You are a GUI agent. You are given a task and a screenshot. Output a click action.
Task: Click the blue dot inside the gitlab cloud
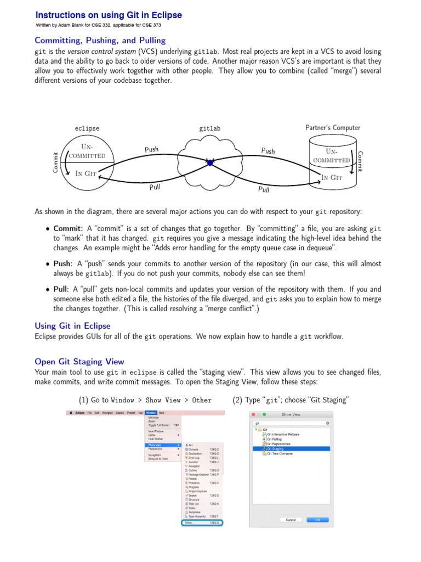pyautogui.click(x=210, y=162)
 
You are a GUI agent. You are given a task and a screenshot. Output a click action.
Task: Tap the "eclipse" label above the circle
pyautogui.click(x=87, y=128)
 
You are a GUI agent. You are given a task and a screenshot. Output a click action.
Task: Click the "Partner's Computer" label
pyautogui.click(x=333, y=128)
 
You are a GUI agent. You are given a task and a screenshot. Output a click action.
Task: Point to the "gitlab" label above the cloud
pyautogui.click(x=210, y=128)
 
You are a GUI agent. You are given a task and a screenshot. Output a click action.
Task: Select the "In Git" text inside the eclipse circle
pyautogui.click(x=86, y=174)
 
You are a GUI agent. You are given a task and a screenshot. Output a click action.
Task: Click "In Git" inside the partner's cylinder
pyautogui.click(x=332, y=177)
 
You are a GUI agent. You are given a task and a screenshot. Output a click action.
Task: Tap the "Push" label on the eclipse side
pyautogui.click(x=151, y=149)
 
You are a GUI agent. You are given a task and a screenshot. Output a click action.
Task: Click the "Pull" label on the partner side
pyautogui.click(x=264, y=190)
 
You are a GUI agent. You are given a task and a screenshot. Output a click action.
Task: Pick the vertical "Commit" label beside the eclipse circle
pyautogui.click(x=55, y=163)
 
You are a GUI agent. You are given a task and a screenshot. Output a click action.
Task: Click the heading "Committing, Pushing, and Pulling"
pyautogui.click(x=100, y=40)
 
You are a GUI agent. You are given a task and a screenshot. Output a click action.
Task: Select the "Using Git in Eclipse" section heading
pyautogui.click(x=72, y=325)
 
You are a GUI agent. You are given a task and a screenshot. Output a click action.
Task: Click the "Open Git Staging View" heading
pyautogui.click(x=79, y=362)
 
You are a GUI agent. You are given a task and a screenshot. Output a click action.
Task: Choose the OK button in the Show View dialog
pyautogui.click(x=317, y=519)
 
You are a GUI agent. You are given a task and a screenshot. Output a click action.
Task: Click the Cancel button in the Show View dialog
pyautogui.click(x=291, y=519)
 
